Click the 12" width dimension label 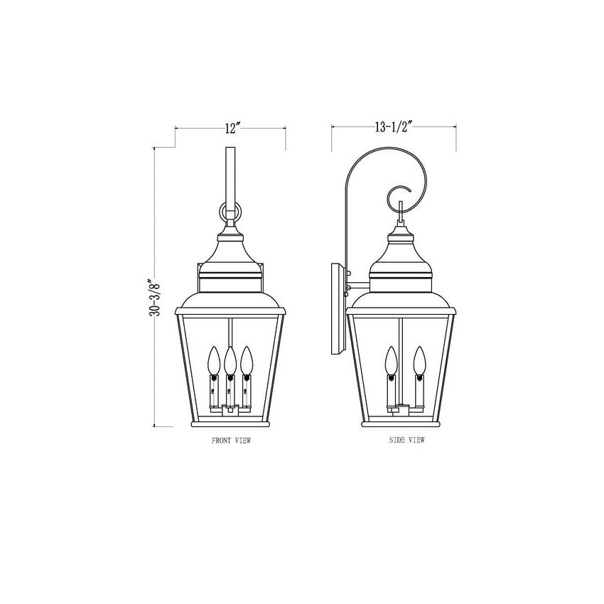tap(232, 128)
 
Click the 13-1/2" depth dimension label tap(394, 126)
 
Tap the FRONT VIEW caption tap(231, 441)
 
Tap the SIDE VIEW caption tap(406, 440)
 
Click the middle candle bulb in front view tap(230, 360)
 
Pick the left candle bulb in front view tap(214, 360)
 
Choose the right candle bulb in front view tap(246, 360)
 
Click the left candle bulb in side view tap(392, 360)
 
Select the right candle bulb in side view tap(419, 360)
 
